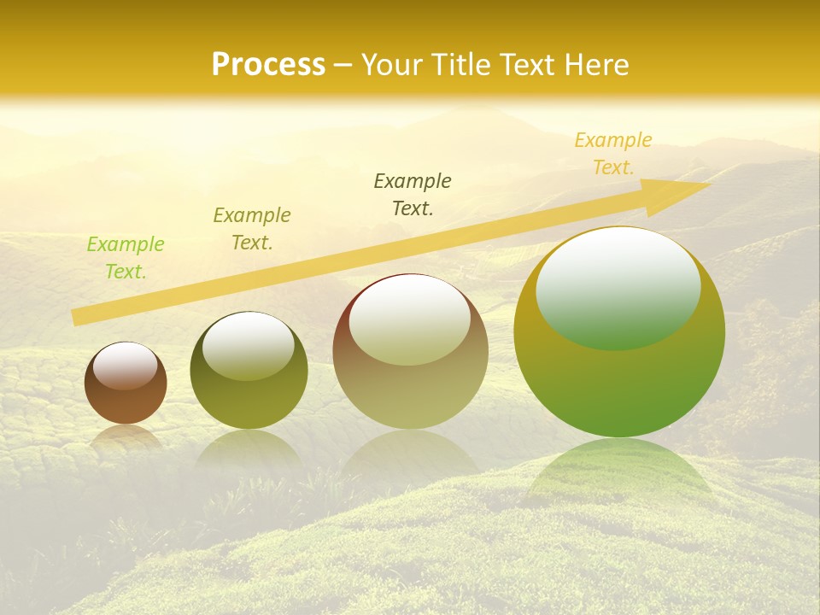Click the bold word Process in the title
coord(268,65)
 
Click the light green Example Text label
coord(126,258)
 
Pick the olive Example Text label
coord(252,229)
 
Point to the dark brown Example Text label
coord(413,195)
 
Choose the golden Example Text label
coord(612,154)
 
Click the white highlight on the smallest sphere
coord(125,366)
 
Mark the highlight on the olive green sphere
coord(248,345)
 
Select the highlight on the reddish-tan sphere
coord(409,319)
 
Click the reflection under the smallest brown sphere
coord(126,437)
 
